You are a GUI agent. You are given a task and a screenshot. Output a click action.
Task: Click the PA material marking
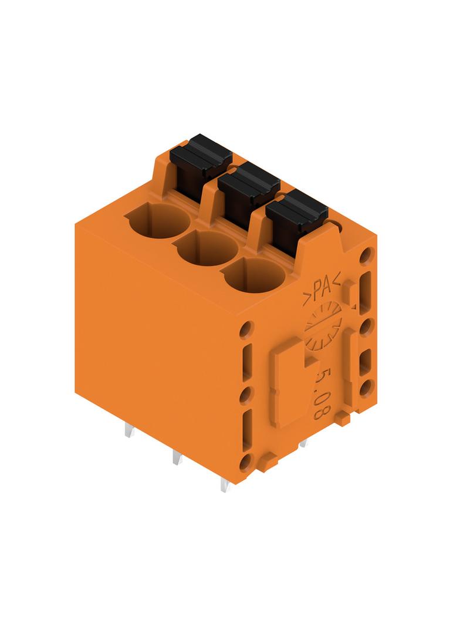coord(321,287)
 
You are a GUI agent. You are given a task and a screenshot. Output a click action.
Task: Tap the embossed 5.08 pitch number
coord(321,392)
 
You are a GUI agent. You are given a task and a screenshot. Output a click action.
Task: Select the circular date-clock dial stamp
coord(323,325)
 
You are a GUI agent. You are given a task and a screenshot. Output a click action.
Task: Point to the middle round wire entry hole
coord(208,250)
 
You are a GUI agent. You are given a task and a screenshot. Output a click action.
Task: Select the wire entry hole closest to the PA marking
coord(255,275)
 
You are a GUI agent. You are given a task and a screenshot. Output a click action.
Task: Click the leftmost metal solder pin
coord(129,430)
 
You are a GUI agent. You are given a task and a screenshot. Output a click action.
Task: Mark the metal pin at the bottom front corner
coord(225,484)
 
